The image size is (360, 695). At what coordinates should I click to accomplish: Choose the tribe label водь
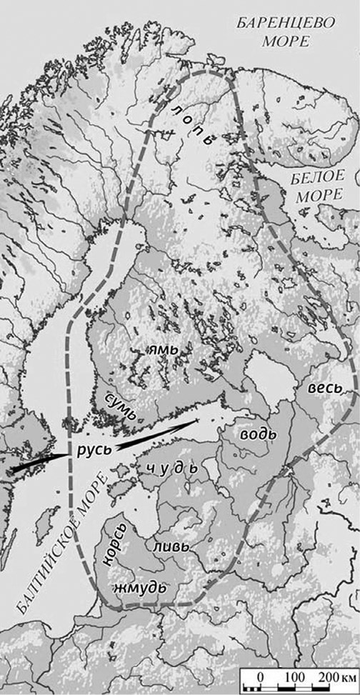pyautogui.click(x=259, y=434)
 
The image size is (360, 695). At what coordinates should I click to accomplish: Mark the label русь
pyautogui.click(x=91, y=451)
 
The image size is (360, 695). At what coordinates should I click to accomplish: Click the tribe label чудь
pyautogui.click(x=170, y=469)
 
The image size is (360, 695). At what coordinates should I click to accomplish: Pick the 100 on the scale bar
pyautogui.click(x=294, y=676)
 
